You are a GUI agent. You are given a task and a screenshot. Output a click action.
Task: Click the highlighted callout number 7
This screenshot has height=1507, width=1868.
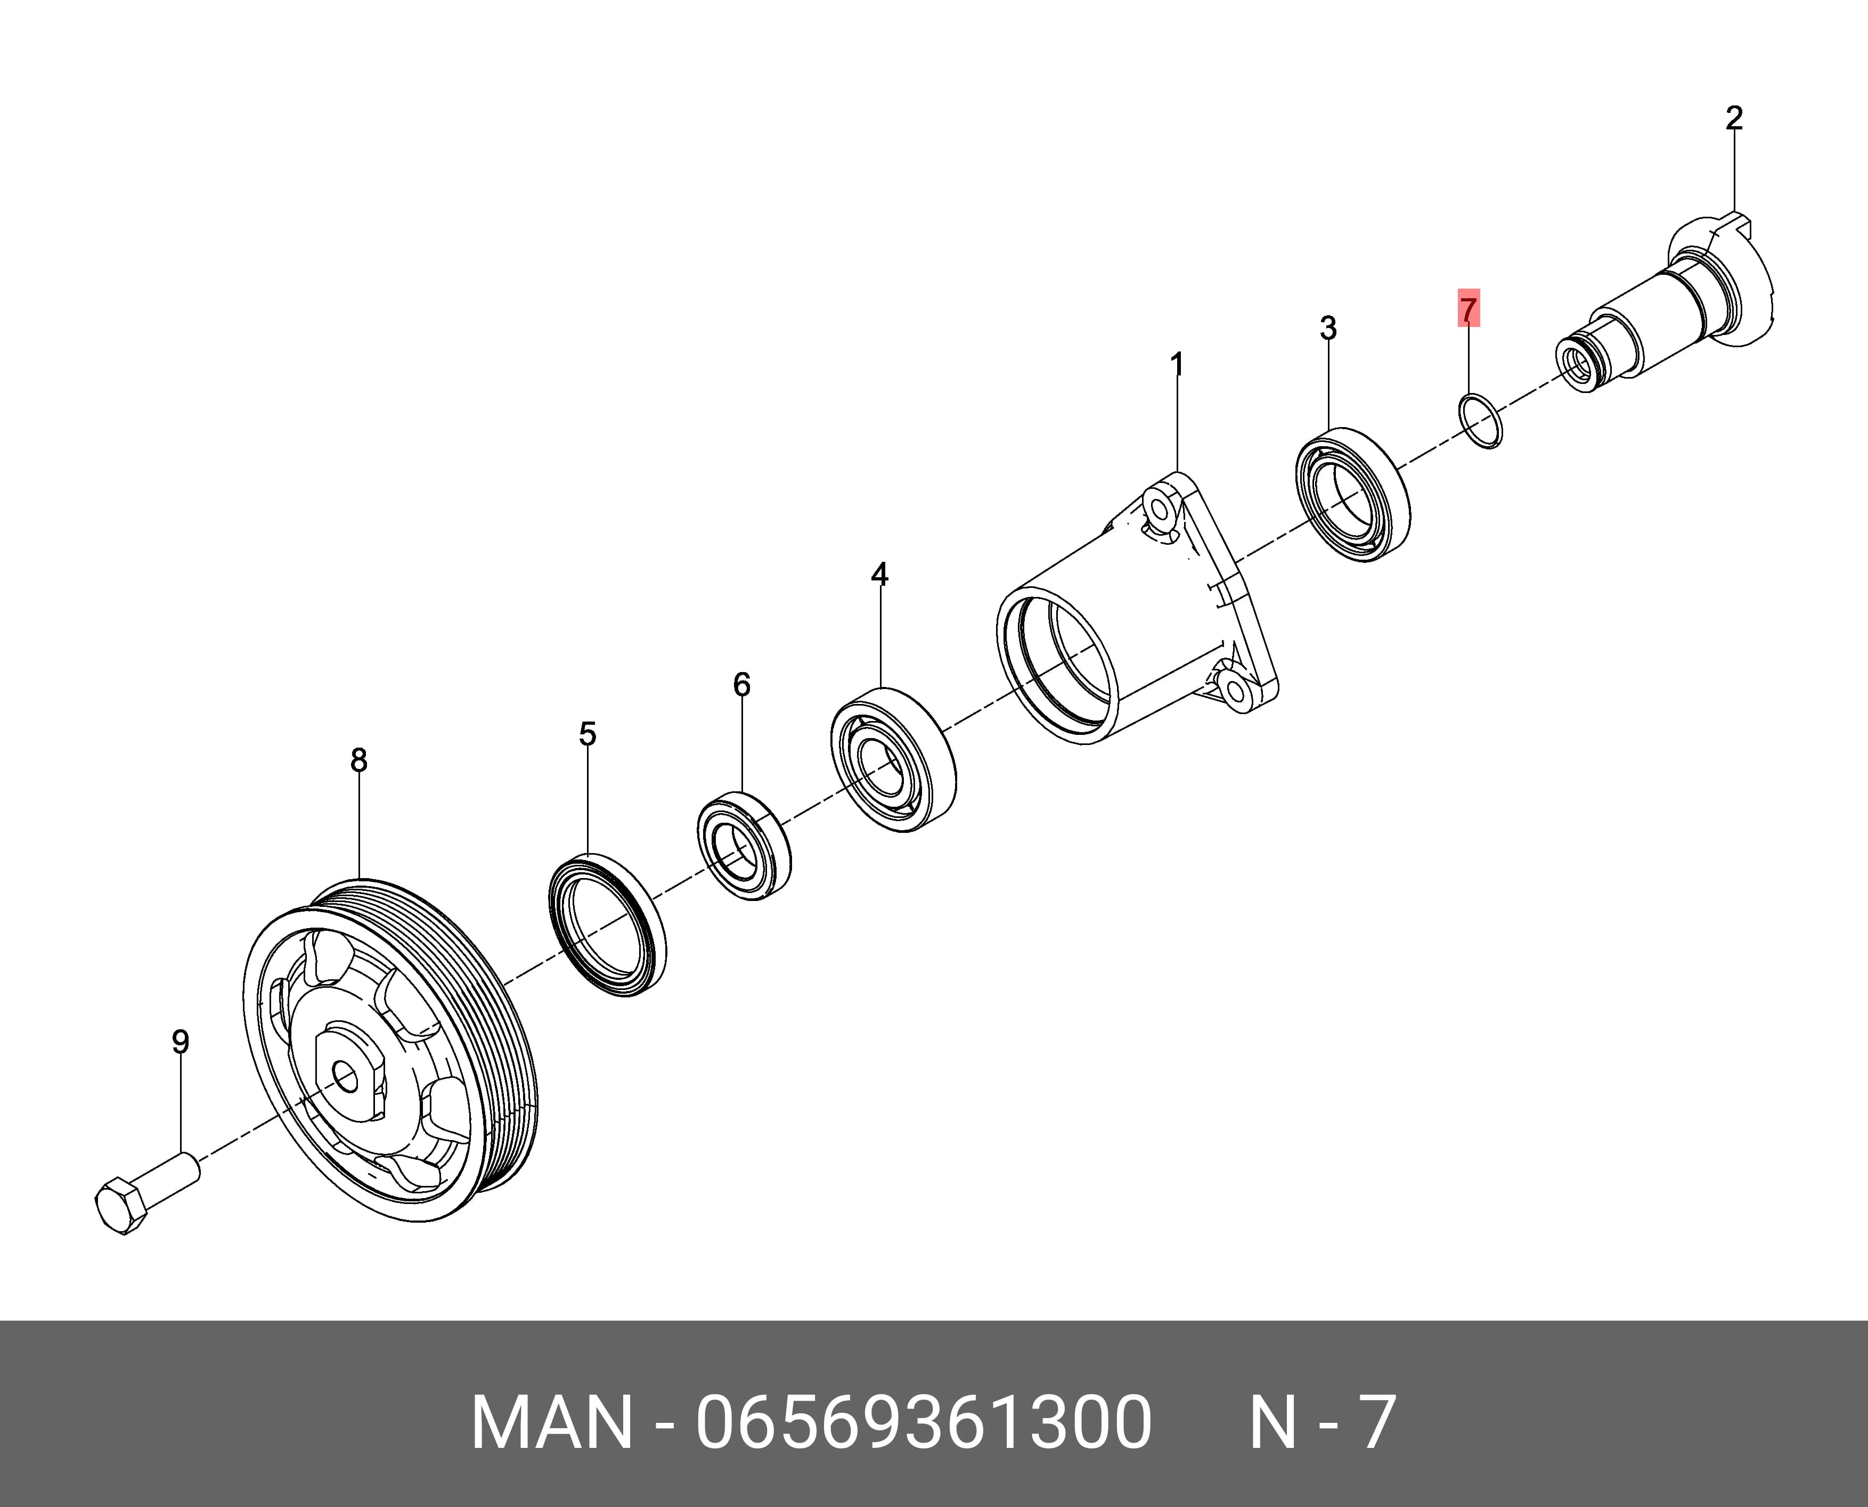point(1467,309)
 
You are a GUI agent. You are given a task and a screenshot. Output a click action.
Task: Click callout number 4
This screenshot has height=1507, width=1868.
point(880,574)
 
